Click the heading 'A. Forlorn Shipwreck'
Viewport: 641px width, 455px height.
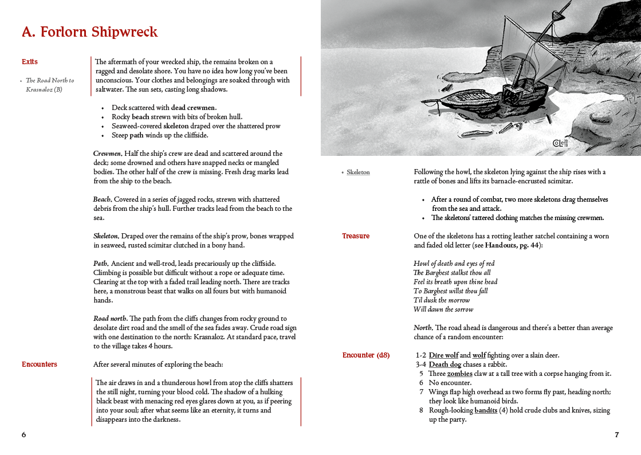coord(89,32)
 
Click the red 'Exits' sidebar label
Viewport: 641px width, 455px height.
coord(30,62)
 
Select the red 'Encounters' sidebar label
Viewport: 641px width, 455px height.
coord(40,364)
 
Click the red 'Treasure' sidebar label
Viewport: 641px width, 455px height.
coord(356,236)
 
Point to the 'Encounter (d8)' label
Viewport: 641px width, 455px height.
coord(366,355)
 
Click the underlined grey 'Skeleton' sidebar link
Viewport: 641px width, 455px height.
coord(358,172)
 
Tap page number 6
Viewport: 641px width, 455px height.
coord(23,435)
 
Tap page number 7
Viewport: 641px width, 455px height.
coord(616,435)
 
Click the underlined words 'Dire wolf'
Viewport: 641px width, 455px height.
coord(443,355)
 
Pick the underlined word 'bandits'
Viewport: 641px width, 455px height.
coord(486,410)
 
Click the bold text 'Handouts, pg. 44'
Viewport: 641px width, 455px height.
coord(512,245)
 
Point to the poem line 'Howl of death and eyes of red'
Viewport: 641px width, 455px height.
coord(454,264)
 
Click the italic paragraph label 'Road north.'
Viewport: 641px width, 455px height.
coord(111,319)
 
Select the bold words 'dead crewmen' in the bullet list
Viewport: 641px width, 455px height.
coord(193,108)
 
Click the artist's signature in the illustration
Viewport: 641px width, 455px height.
coord(559,143)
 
